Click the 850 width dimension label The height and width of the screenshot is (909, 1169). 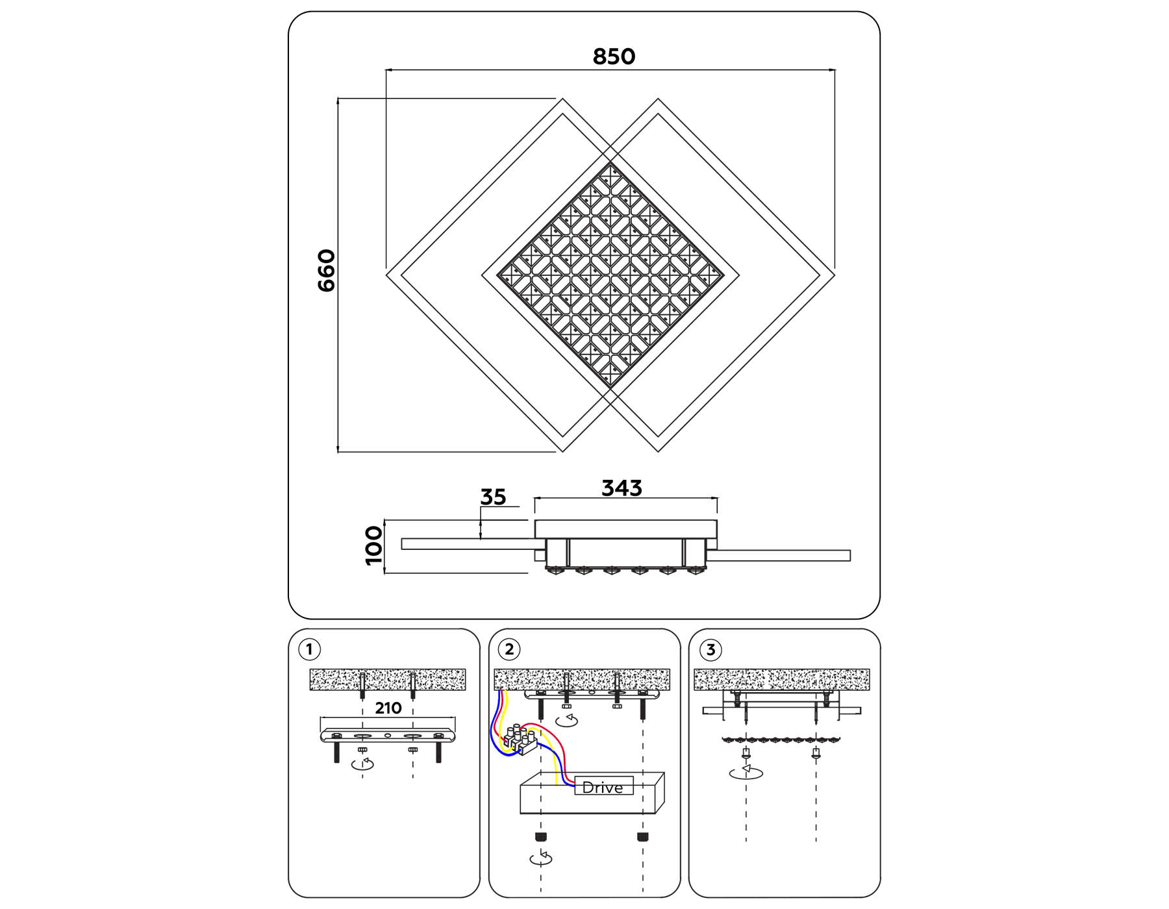[614, 56]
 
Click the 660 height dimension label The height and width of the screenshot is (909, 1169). [326, 270]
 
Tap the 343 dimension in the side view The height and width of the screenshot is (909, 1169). [622, 488]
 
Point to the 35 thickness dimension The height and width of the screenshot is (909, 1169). [493, 497]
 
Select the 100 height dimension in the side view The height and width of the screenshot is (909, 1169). [374, 546]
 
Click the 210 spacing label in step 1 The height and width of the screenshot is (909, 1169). [388, 708]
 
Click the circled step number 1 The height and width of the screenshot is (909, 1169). [309, 649]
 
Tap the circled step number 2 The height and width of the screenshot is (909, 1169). [509, 649]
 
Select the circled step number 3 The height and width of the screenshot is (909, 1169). [710, 650]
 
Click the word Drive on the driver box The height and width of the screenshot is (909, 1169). [603, 787]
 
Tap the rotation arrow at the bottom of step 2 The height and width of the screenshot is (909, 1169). [541, 858]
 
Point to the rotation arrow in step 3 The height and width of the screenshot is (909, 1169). [746, 772]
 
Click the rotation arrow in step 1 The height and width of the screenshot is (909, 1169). [362, 764]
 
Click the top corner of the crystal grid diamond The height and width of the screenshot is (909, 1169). [610, 164]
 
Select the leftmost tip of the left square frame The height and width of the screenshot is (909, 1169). [388, 275]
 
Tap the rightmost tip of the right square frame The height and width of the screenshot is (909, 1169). [834, 275]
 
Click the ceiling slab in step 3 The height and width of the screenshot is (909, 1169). [781, 679]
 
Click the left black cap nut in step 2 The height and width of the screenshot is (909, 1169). [540, 837]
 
